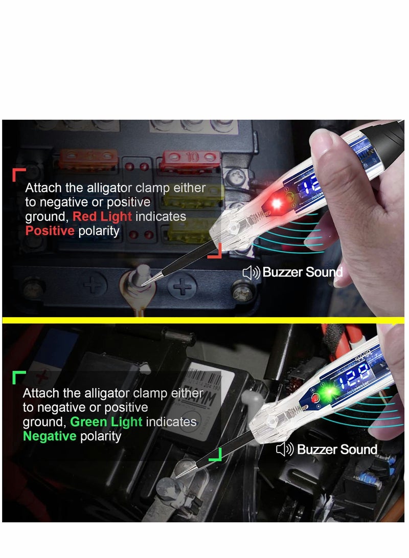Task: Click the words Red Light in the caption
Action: pyautogui.click(x=102, y=216)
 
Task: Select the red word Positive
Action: pyautogui.click(x=50, y=231)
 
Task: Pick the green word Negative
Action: pyautogui.click(x=50, y=436)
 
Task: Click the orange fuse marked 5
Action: pyautogui.click(x=89, y=157)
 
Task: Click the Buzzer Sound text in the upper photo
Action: pyautogui.click(x=302, y=272)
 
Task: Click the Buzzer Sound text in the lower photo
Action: pyautogui.click(x=337, y=450)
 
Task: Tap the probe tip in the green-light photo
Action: pyautogui.click(x=178, y=476)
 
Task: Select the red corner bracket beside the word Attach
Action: pyautogui.click(x=18, y=174)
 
